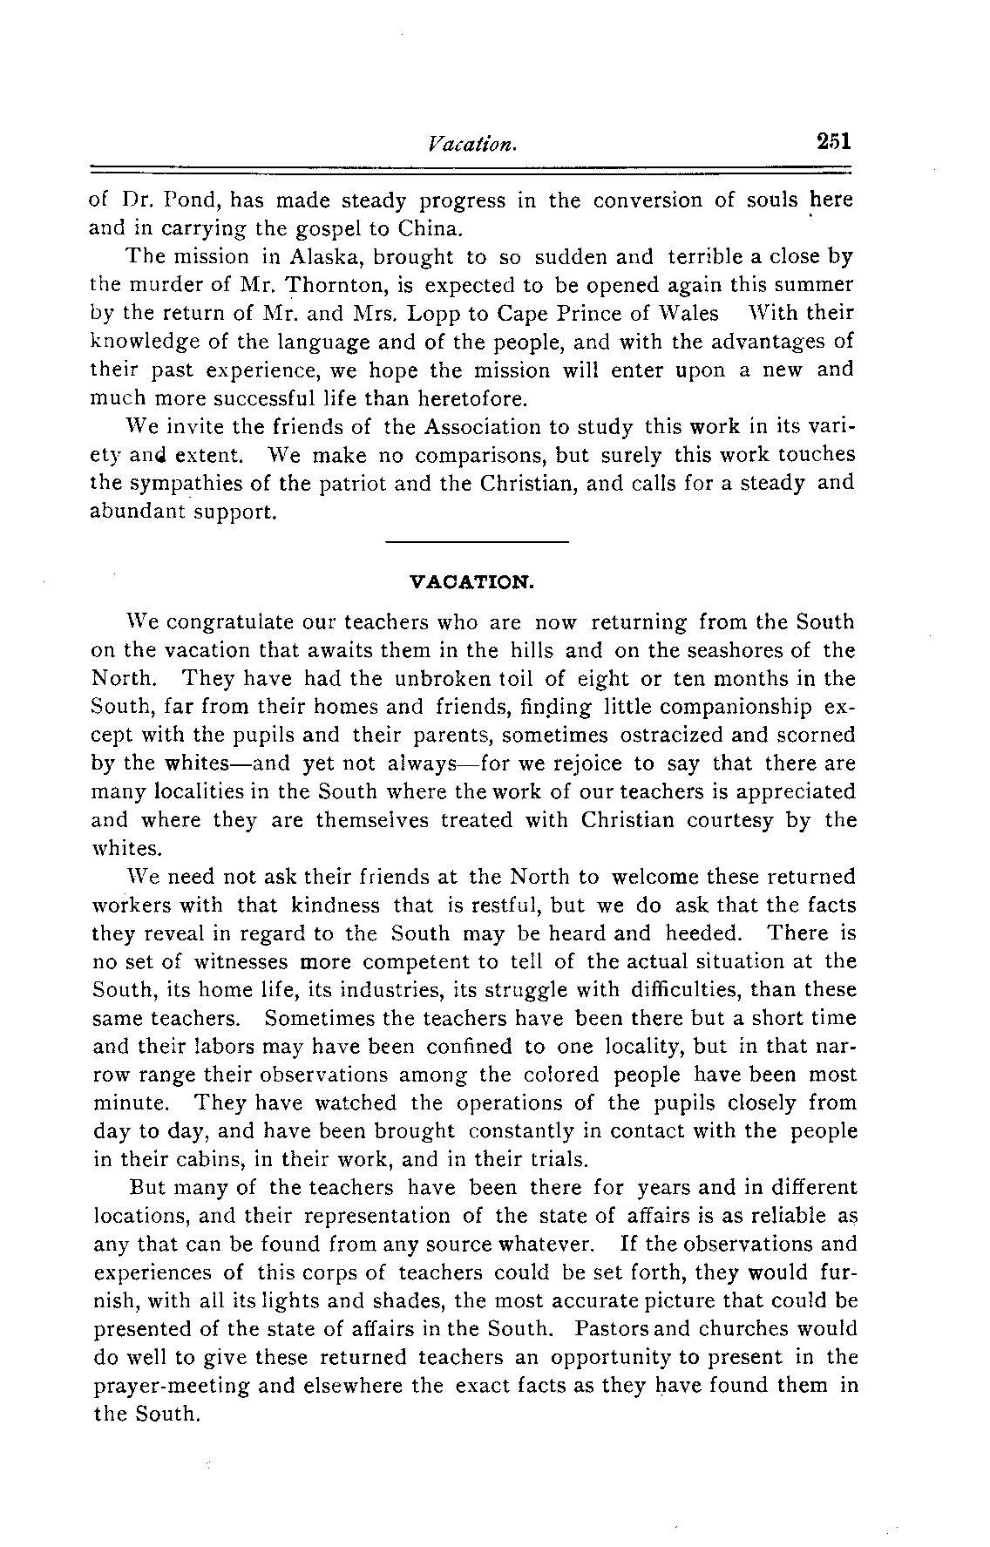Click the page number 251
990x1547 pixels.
click(832, 141)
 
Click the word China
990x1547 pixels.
click(430, 229)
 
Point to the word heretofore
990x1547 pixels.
click(471, 400)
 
